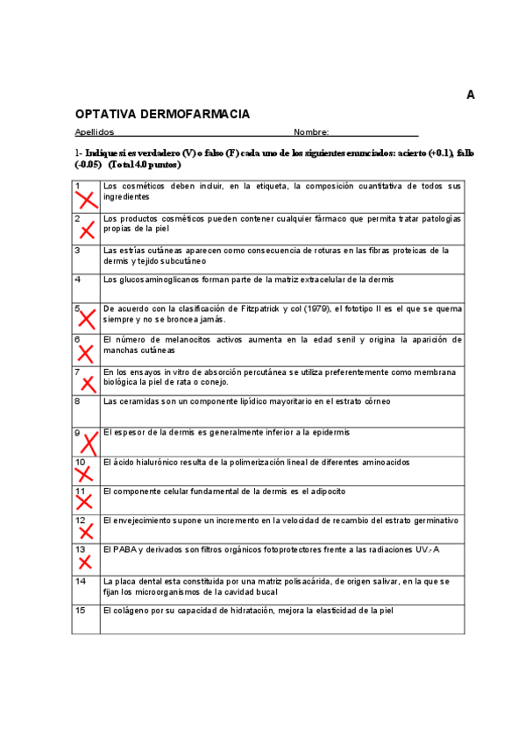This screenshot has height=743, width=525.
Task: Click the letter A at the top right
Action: pos(471,95)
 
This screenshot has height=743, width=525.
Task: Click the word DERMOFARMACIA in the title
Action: pos(195,115)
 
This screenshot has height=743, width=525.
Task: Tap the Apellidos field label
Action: pos(94,132)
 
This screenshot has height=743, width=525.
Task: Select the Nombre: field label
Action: pos(311,132)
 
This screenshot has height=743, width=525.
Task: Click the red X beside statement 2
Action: pos(87,230)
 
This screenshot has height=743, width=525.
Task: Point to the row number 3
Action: pos(78,251)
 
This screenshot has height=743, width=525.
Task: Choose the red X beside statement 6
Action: pos(86,352)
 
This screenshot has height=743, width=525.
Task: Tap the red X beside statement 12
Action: pos(86,532)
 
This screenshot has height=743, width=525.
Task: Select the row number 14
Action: pos(81,581)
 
